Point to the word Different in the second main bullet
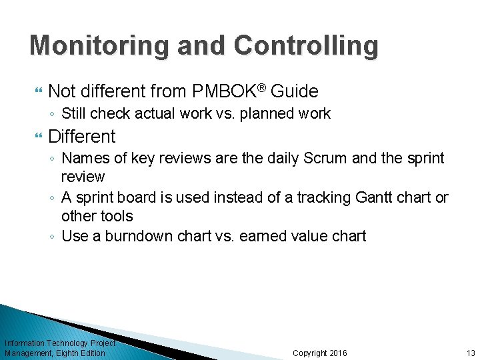click(81, 137)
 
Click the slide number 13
click(470, 353)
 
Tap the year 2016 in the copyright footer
click(338, 353)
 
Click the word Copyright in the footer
click(310, 353)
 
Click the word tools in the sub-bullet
click(115, 217)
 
